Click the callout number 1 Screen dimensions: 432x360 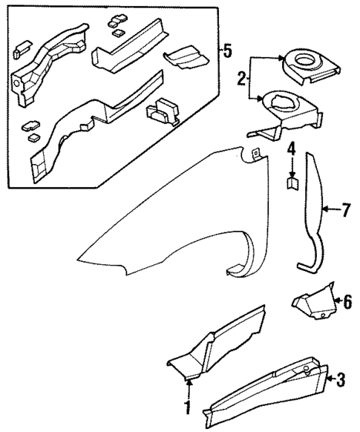(x=188, y=408)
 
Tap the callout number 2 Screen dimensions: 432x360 (x=241, y=78)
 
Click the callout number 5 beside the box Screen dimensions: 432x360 (x=227, y=51)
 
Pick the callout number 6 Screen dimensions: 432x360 (x=343, y=301)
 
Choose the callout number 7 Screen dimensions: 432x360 (x=344, y=210)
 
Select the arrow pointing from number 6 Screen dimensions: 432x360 (x=335, y=301)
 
